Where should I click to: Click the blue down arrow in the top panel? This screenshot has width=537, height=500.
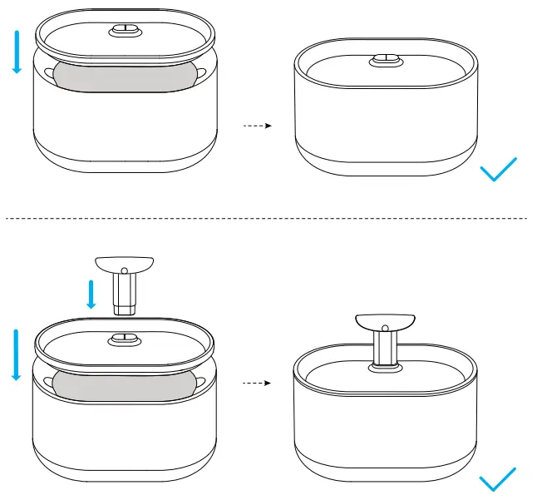click(16, 49)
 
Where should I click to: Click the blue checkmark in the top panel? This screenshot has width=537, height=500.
click(499, 169)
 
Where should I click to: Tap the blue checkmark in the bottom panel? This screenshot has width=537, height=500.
click(499, 482)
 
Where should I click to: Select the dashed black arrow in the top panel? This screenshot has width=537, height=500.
click(258, 126)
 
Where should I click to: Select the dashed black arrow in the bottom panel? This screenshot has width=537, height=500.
click(258, 384)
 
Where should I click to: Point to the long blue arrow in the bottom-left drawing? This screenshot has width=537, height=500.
click(16, 354)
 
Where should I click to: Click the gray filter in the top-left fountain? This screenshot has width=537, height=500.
click(125, 74)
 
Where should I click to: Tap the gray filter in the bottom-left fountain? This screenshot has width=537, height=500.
click(125, 384)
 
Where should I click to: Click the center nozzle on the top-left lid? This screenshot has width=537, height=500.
click(125, 31)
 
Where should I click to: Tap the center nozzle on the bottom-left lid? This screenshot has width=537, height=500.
click(125, 339)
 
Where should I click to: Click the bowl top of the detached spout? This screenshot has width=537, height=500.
click(125, 265)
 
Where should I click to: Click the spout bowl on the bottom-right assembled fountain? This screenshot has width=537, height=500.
click(385, 323)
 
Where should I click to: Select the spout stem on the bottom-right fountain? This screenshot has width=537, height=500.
click(385, 348)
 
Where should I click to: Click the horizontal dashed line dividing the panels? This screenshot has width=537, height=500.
click(266, 218)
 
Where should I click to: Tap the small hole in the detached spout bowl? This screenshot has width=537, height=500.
click(125, 270)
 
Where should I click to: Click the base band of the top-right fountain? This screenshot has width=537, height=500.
click(387, 162)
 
